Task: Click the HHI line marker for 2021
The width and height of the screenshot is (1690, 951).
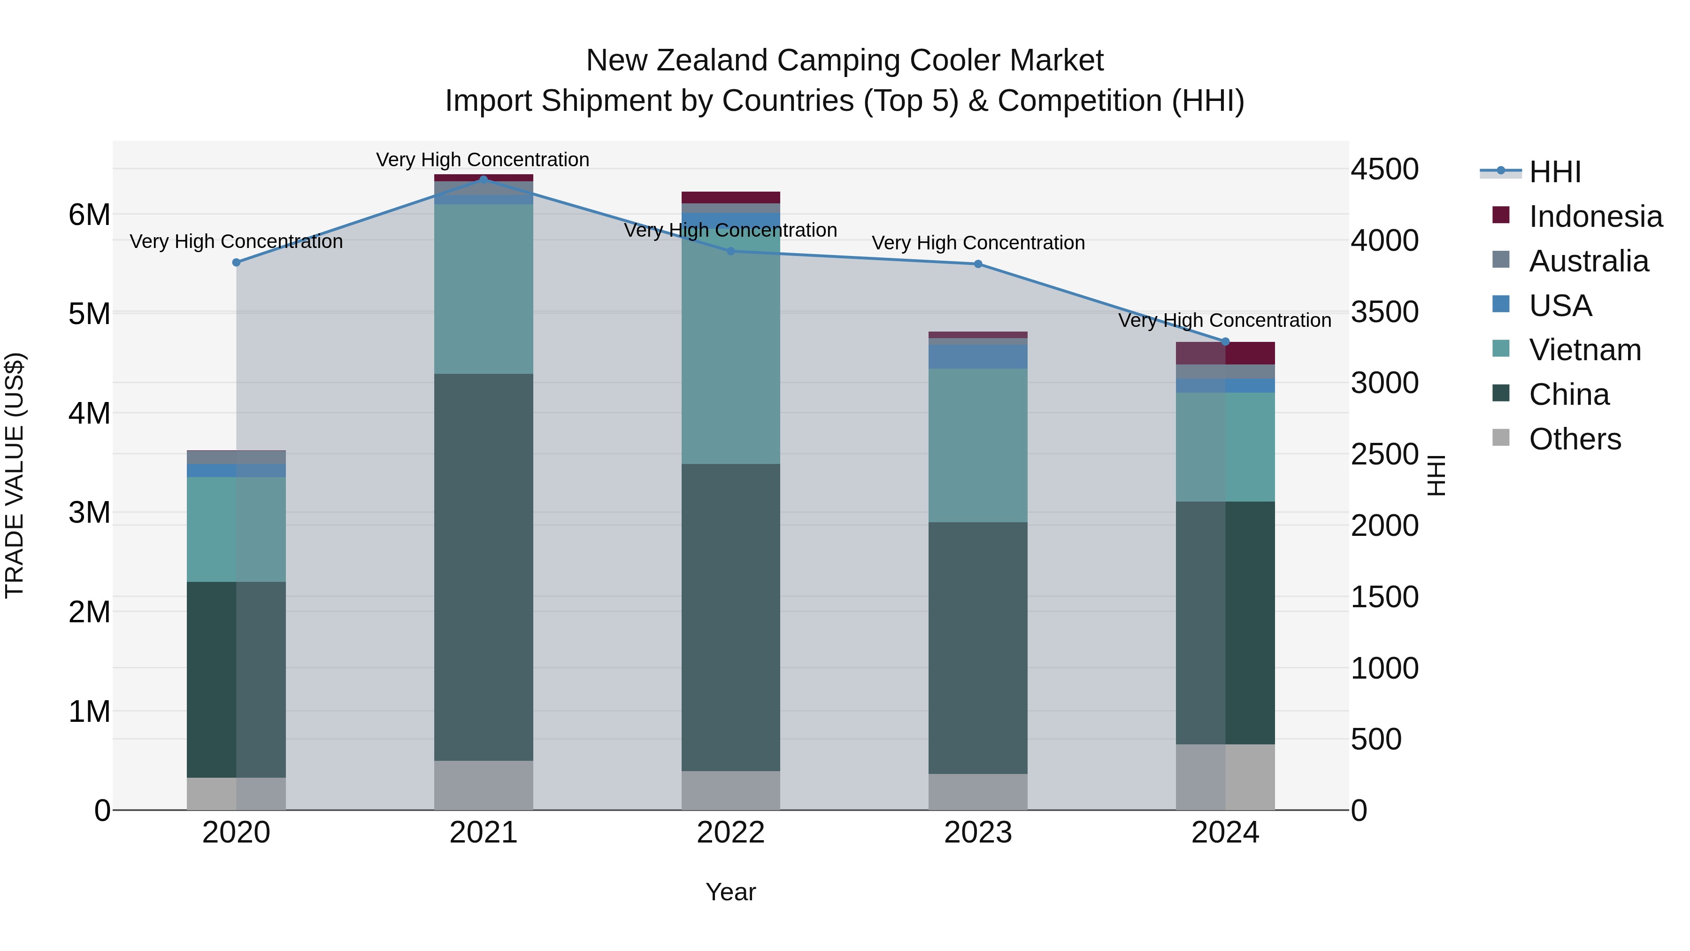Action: [484, 179]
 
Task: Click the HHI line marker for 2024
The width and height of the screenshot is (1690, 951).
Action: [1225, 342]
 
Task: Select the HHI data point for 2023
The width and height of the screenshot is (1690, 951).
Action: [977, 264]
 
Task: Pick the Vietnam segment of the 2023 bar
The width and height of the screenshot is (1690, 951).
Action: [977, 445]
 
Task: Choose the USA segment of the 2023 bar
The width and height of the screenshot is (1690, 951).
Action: [977, 356]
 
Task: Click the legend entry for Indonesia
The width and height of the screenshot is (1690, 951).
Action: [1594, 216]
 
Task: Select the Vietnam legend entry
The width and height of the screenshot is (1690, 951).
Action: [1584, 350]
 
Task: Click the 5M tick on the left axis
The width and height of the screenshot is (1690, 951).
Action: [89, 314]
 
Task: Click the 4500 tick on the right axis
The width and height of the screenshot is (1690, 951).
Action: [1384, 170]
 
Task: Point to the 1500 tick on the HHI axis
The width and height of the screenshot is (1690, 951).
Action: [1384, 597]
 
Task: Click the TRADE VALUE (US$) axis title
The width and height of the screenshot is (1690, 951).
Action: [15, 475]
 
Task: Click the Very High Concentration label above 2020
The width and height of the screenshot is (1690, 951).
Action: [236, 241]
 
